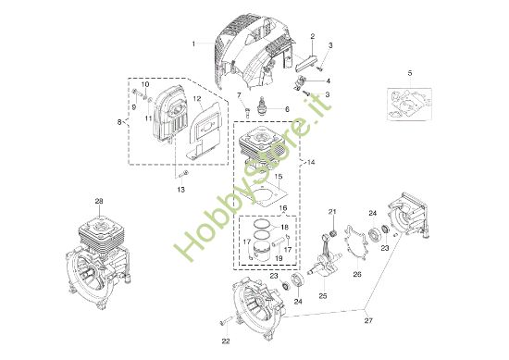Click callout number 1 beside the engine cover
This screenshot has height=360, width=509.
coord(193,43)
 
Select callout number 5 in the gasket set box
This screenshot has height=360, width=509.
coord(410,72)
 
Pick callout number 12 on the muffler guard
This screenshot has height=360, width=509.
coord(197,99)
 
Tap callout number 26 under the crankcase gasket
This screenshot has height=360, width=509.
coord(356,274)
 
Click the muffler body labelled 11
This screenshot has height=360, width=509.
coord(167,116)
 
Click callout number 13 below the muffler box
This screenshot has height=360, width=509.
coord(181,190)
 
